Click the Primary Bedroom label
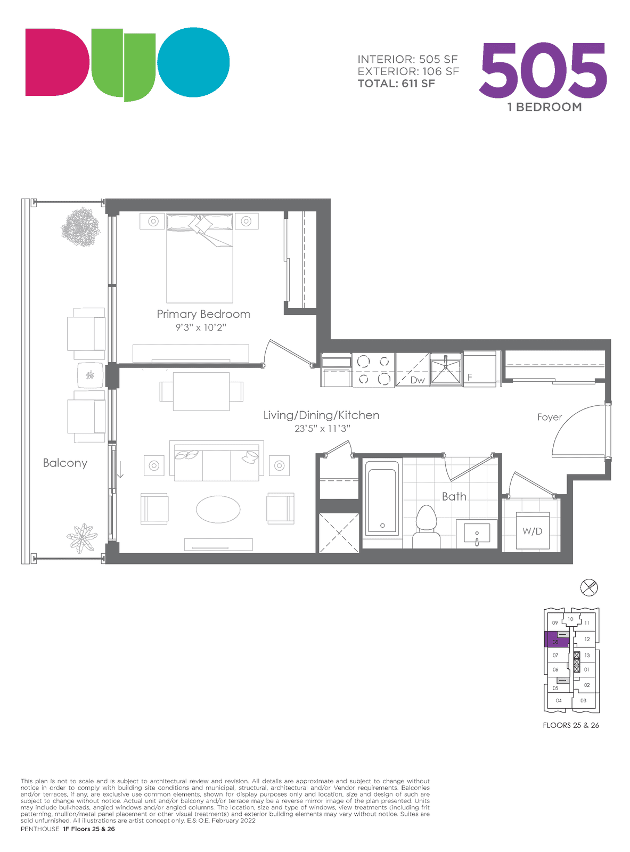203,314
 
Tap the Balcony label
65,463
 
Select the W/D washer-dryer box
533,530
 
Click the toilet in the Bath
427,526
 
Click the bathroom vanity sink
477,533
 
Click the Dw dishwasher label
418,380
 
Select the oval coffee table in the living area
218,510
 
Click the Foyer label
550,417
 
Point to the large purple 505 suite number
543,70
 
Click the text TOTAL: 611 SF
396,84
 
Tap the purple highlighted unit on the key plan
557,639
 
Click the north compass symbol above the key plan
588,588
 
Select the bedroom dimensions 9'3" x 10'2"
201,327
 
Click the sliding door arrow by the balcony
120,470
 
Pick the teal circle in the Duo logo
193,62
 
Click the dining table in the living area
201,391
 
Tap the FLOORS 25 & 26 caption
571,725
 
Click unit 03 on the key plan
583,701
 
